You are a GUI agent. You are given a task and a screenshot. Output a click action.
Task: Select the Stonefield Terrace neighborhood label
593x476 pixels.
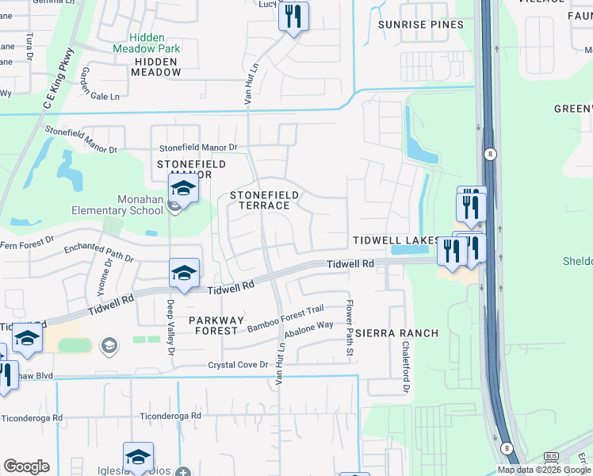[x=265, y=200]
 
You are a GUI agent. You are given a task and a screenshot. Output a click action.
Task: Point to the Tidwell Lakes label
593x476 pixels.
[x=396, y=240]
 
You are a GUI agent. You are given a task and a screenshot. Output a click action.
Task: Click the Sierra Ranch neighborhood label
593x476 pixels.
[x=396, y=333]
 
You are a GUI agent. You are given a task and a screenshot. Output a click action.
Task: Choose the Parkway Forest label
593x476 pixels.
[x=214, y=324]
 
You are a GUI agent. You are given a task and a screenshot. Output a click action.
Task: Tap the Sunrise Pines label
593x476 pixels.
[x=420, y=25]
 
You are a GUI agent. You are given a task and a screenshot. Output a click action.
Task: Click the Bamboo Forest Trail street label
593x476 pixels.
[x=286, y=319]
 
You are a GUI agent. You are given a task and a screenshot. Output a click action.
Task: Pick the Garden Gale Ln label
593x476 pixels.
[x=100, y=85]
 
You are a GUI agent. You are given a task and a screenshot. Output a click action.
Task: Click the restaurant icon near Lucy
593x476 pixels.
[x=293, y=16]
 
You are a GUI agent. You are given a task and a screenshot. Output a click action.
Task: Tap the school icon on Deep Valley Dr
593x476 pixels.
[x=184, y=273]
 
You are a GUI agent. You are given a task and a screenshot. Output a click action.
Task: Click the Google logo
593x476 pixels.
[x=26, y=466]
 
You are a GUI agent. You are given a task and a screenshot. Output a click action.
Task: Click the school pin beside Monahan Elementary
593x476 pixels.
[x=183, y=189]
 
